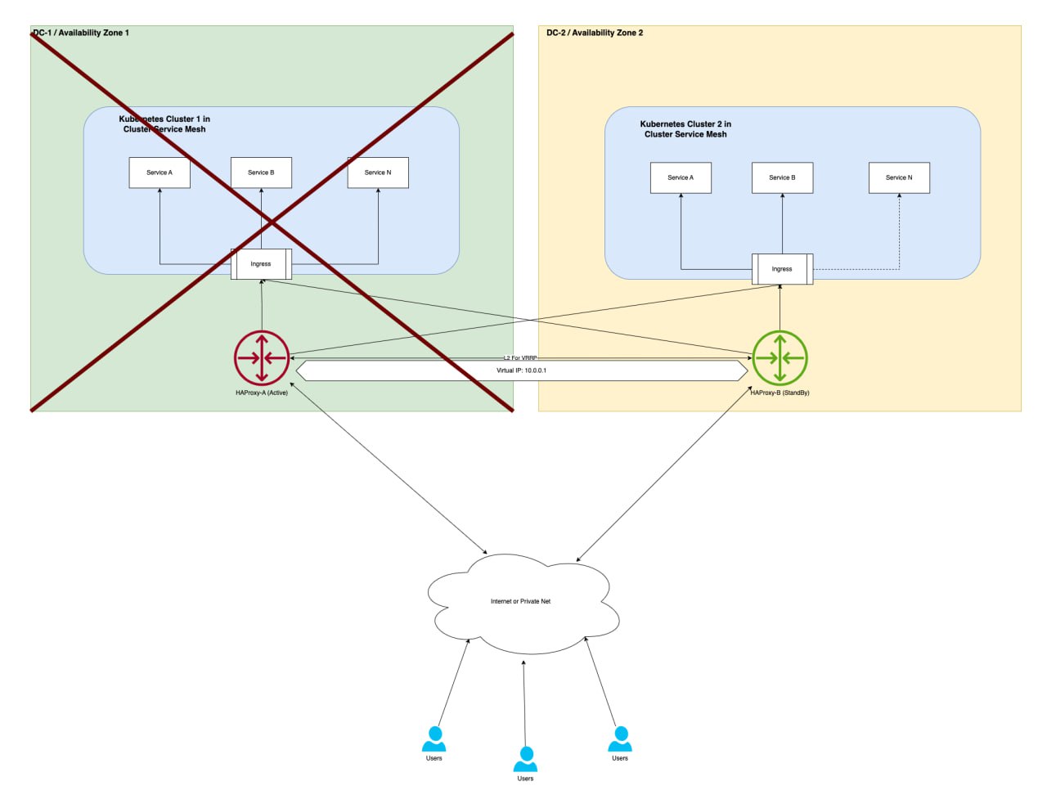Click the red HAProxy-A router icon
tap(262, 358)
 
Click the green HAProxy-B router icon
tap(780, 358)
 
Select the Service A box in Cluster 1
tap(160, 173)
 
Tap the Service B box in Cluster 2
tap(782, 177)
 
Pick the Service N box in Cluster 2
tap(899, 177)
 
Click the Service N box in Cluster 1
tap(378, 173)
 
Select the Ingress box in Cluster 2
tap(782, 269)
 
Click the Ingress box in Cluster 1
tap(261, 264)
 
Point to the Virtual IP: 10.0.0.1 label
tap(521, 370)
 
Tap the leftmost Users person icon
tap(434, 739)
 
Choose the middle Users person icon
tap(525, 760)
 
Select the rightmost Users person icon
tap(620, 739)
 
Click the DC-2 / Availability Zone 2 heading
tap(595, 33)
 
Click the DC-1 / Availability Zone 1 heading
tap(81, 33)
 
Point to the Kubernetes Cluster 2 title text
tap(685, 129)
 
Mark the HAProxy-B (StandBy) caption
tap(780, 393)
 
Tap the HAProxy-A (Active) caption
tap(262, 393)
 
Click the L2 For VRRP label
tap(520, 357)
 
